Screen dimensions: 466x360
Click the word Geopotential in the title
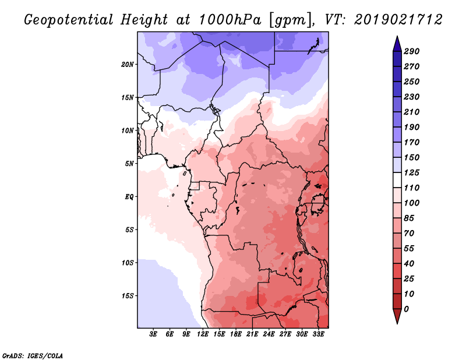[69, 20]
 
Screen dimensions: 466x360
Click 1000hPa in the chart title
[230, 20]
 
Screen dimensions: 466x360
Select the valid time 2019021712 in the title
[398, 20]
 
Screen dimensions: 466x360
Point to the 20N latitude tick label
[128, 65]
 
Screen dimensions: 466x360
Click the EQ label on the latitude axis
[129, 197]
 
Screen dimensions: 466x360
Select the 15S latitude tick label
[128, 296]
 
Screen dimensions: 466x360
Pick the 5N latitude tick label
[129, 164]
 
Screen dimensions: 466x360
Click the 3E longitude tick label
[153, 334]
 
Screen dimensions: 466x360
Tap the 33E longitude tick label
[318, 334]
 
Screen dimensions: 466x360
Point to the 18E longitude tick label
[236, 334]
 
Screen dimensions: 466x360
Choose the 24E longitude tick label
[269, 334]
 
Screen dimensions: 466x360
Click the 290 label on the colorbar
[411, 51]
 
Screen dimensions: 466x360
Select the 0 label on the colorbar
[406, 309]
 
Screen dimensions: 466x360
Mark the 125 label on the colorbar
[411, 172]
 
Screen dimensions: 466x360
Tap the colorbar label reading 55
[409, 249]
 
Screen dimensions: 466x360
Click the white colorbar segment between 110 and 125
[397, 180]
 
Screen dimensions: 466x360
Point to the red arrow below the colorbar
[397, 316]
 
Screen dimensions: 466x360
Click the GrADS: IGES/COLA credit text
[33, 356]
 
